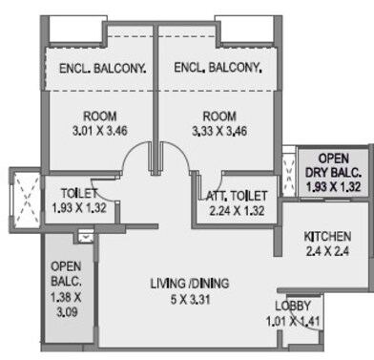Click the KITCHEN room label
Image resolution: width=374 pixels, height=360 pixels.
point(326,236)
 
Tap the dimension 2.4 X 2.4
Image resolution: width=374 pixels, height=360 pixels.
point(326,253)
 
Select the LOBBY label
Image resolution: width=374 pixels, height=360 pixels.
point(293,306)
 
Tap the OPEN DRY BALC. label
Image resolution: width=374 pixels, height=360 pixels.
point(334,166)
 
